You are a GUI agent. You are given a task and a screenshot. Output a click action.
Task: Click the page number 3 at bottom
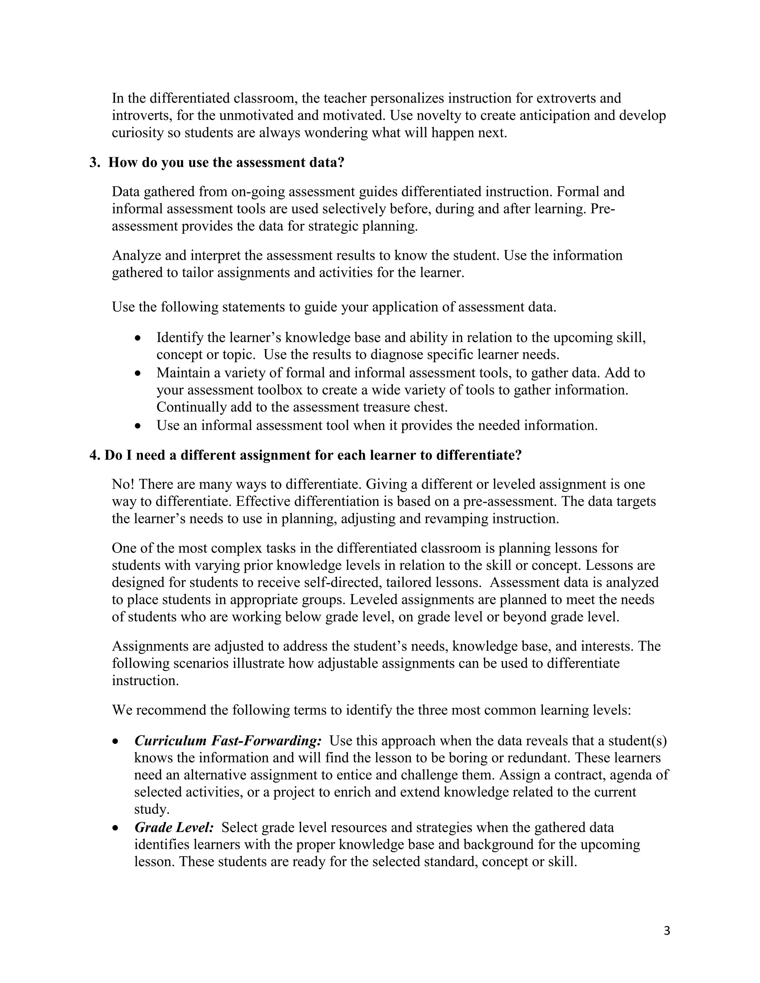point(667,930)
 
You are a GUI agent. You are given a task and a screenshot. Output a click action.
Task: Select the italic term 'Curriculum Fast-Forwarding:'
point(228,740)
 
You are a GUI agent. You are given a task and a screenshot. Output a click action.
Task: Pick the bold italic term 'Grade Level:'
point(174,827)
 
